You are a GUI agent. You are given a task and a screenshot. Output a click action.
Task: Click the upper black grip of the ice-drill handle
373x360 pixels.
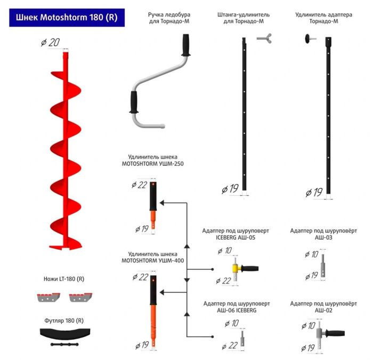(x=186, y=45)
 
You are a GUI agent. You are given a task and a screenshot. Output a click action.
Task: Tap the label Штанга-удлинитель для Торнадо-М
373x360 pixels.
(x=244, y=18)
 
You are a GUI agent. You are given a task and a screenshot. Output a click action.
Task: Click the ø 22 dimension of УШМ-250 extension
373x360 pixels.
(x=139, y=185)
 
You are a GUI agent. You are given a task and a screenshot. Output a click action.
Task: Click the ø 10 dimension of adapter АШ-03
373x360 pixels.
(x=311, y=254)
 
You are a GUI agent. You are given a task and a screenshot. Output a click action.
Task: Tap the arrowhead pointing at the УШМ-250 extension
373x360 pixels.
(x=163, y=203)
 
